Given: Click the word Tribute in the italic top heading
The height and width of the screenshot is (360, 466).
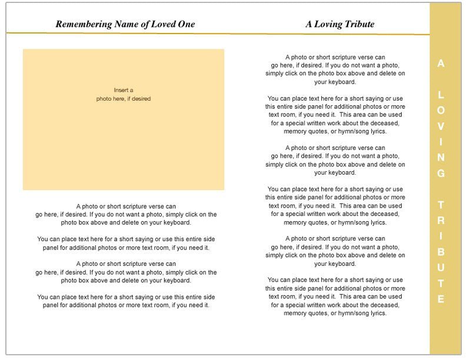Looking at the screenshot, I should [361, 24].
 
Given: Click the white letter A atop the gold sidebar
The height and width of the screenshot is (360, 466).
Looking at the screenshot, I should [441, 64].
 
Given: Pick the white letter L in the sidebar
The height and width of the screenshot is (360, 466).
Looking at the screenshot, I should [441, 95].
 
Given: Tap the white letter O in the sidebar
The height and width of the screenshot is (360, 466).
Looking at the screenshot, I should [441, 111].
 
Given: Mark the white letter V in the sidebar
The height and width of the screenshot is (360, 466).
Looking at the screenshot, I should [441, 126].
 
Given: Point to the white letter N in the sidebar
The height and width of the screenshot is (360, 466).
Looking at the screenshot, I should [441, 158].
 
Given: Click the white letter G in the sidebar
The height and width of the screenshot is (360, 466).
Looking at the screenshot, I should [441, 174].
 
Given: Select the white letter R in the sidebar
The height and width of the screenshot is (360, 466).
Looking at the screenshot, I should [441, 221].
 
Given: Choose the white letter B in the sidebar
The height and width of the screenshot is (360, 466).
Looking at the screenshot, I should [441, 252].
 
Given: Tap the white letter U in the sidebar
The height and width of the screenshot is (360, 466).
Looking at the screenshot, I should [441, 268].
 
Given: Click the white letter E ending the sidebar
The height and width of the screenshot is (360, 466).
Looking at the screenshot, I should [441, 299].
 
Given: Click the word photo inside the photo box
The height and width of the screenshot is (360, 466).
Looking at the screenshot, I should [104, 99].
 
